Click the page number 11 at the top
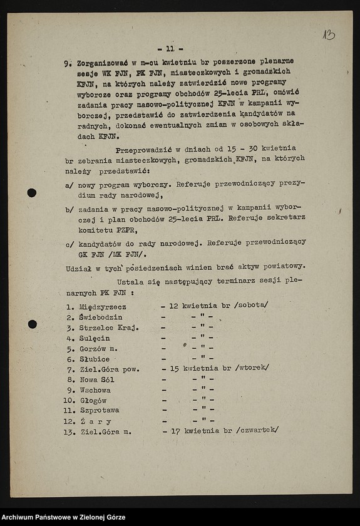pos(170,48)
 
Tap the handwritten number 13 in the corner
pos(329,35)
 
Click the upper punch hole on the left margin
pos(32,193)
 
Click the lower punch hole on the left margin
pos(32,324)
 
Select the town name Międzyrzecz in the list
pos(103,306)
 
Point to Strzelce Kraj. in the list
pos(108,327)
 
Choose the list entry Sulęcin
pos(95,338)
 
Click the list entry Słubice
pos(95,359)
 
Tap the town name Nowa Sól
pos(96,379)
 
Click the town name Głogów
pos(93,400)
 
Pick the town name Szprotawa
pos(99,410)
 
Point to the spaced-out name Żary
pos(95,421)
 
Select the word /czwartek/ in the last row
pos(258,431)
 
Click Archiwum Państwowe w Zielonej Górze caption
pos(63,517)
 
